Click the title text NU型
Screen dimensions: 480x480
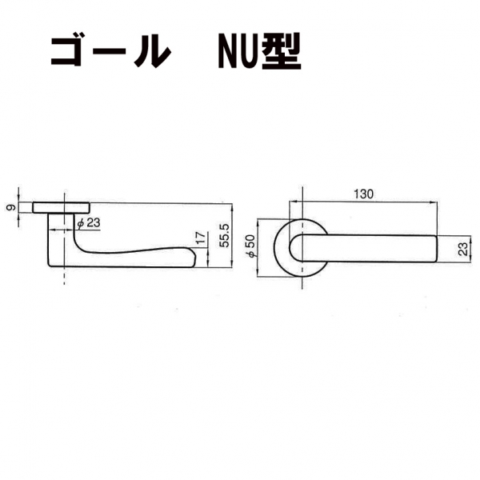click(258, 52)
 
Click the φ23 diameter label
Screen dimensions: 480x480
click(90, 223)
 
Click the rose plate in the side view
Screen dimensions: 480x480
click(62, 207)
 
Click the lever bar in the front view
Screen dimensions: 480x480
click(368, 249)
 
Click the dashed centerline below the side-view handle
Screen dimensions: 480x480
click(62, 277)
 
